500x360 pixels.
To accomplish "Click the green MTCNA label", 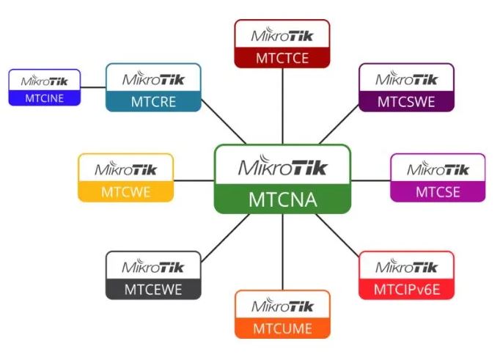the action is pyautogui.click(x=282, y=199).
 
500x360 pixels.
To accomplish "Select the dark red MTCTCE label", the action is pyautogui.click(x=282, y=59).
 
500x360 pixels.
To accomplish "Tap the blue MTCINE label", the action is pyautogui.click(x=44, y=98).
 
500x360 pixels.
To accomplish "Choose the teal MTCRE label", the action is pyautogui.click(x=153, y=102).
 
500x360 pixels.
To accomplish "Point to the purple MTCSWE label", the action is pyautogui.click(x=406, y=102).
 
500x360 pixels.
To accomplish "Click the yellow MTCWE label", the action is pyautogui.click(x=125, y=192).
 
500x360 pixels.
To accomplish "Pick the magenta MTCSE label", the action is pyautogui.click(x=438, y=192).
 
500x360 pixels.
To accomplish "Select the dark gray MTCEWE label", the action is pyautogui.click(x=153, y=290).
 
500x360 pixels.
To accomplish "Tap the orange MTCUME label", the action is pyautogui.click(x=282, y=328).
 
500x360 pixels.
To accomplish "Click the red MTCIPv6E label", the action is pyautogui.click(x=407, y=290).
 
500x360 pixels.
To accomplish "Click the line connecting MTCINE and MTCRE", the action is pyautogui.click(x=93, y=87).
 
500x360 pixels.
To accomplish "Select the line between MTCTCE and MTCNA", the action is pyautogui.click(x=282, y=106).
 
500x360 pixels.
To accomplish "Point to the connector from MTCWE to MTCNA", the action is pyautogui.click(x=194, y=180).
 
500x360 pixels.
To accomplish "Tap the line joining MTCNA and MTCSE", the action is pyautogui.click(x=371, y=180).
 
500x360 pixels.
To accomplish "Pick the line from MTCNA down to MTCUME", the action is pyautogui.click(x=282, y=252).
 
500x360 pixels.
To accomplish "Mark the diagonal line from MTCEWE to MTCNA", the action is pyautogui.click(x=226, y=238).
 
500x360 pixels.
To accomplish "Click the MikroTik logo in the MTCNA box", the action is pyautogui.click(x=283, y=165).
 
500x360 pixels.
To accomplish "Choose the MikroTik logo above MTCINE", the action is pyautogui.click(x=44, y=81).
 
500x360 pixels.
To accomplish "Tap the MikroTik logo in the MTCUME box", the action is pyautogui.click(x=282, y=306).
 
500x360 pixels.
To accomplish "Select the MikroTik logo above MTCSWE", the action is pyautogui.click(x=406, y=78).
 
